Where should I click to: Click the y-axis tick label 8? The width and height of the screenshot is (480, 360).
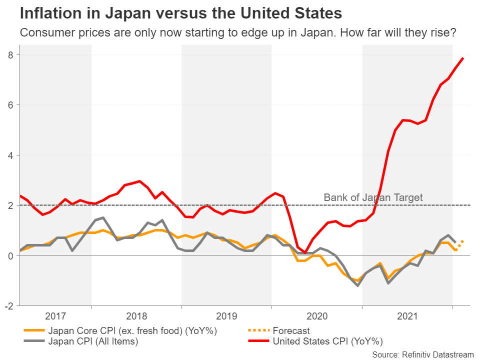tap(9, 54)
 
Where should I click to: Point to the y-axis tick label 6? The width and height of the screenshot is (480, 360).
tap(9, 105)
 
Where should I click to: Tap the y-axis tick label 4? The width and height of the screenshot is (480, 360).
tap(9, 155)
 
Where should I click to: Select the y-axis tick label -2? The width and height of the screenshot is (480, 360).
tap(8, 306)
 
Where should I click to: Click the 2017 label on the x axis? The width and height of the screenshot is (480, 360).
tap(55, 316)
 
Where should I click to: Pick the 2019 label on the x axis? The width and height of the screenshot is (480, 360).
tap(226, 316)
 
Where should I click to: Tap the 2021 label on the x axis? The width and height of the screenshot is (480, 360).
tap(407, 316)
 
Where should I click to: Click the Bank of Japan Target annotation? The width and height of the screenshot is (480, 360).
tap(373, 197)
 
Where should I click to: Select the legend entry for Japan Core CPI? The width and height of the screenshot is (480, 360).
tap(133, 331)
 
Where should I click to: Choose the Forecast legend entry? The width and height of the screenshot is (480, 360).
tap(291, 331)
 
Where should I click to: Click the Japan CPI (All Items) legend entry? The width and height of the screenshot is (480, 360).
tap(93, 342)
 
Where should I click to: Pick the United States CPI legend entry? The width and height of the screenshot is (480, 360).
tap(327, 342)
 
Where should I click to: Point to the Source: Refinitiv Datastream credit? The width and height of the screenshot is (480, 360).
tap(423, 354)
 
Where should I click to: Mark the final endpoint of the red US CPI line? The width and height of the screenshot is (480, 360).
tap(463, 58)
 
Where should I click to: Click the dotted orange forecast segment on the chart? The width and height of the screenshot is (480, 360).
tap(459, 245)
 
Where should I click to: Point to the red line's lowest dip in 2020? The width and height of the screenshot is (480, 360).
tap(305, 252)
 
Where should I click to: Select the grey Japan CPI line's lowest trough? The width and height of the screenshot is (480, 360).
tap(358, 285)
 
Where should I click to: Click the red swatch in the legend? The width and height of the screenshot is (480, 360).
tap(258, 342)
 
